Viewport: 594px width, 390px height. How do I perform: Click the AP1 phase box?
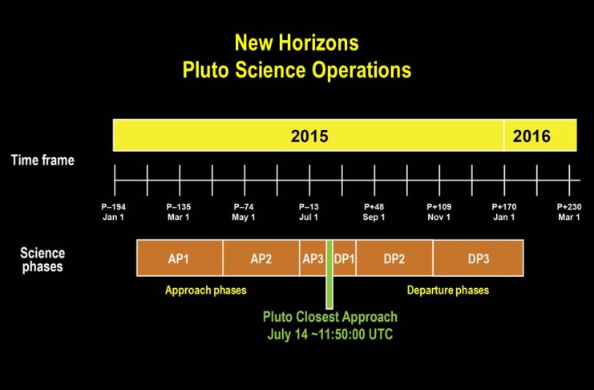coord(180,258)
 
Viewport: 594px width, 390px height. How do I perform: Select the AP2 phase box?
coord(261,258)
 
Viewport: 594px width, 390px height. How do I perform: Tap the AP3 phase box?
coord(313,258)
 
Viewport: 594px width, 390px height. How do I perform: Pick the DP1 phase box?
coord(345,258)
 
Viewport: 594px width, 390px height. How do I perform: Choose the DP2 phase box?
coord(394,258)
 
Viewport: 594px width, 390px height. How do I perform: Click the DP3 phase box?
coord(479,258)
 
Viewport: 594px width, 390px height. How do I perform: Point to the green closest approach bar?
coord(329,274)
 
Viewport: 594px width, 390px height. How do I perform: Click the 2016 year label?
coord(531,136)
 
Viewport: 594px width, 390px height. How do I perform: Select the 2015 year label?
coord(309,136)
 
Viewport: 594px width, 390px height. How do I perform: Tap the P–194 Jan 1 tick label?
coord(113,212)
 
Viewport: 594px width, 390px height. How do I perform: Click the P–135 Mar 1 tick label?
coord(179,212)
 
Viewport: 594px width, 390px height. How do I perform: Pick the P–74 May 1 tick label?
coord(244,212)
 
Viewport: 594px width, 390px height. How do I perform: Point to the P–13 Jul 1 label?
coord(309,212)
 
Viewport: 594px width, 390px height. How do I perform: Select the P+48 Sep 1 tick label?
coord(374,212)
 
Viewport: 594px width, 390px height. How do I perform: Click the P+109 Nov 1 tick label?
coord(439,212)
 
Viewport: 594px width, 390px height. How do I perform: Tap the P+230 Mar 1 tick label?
coord(569,212)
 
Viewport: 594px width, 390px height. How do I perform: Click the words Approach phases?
coord(206,290)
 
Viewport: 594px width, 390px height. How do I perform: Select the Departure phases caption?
coord(448,290)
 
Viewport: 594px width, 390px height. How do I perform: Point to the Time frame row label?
coord(42,160)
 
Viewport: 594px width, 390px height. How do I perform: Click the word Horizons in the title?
coord(318,43)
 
